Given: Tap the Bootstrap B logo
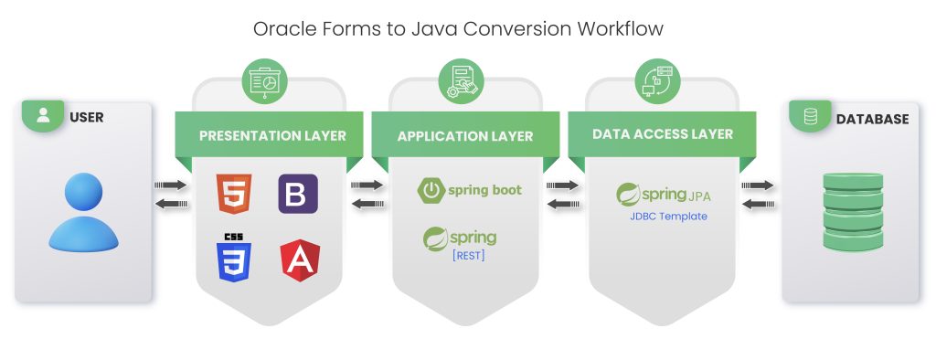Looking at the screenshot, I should tap(298, 193).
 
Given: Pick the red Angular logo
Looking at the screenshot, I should tap(298, 260).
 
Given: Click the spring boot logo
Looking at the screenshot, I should tap(470, 190).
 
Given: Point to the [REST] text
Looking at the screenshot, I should tap(469, 256).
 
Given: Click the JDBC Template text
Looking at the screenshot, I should tap(668, 217).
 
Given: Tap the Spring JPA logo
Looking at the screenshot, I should tap(663, 195).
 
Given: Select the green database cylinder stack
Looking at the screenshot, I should tap(851, 213).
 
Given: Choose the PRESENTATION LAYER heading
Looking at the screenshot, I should tap(272, 136).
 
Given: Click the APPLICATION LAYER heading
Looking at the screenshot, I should tap(465, 136).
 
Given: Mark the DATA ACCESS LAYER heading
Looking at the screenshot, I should tap(663, 133).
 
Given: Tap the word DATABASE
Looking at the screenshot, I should tap(872, 119).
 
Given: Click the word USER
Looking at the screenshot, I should tap(87, 117).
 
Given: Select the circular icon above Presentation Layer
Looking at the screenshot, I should tap(270, 80).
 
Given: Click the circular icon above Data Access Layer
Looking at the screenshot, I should tap(663, 80).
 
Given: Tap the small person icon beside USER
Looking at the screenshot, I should tap(44, 116).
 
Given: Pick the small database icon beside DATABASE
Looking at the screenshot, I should tap(810, 117).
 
